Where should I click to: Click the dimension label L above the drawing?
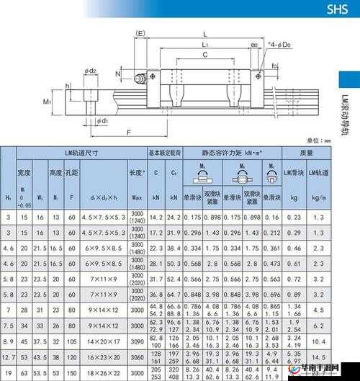point(205,34)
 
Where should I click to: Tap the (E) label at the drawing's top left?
point(140,33)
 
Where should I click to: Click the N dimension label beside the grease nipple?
point(118,73)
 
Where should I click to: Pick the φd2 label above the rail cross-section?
point(90,71)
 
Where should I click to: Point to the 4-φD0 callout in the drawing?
point(280,45)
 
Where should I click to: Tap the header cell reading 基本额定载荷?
point(165,153)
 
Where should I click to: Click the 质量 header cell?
point(306,153)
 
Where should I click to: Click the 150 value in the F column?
point(71,373)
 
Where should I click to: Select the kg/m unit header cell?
point(318,197)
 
